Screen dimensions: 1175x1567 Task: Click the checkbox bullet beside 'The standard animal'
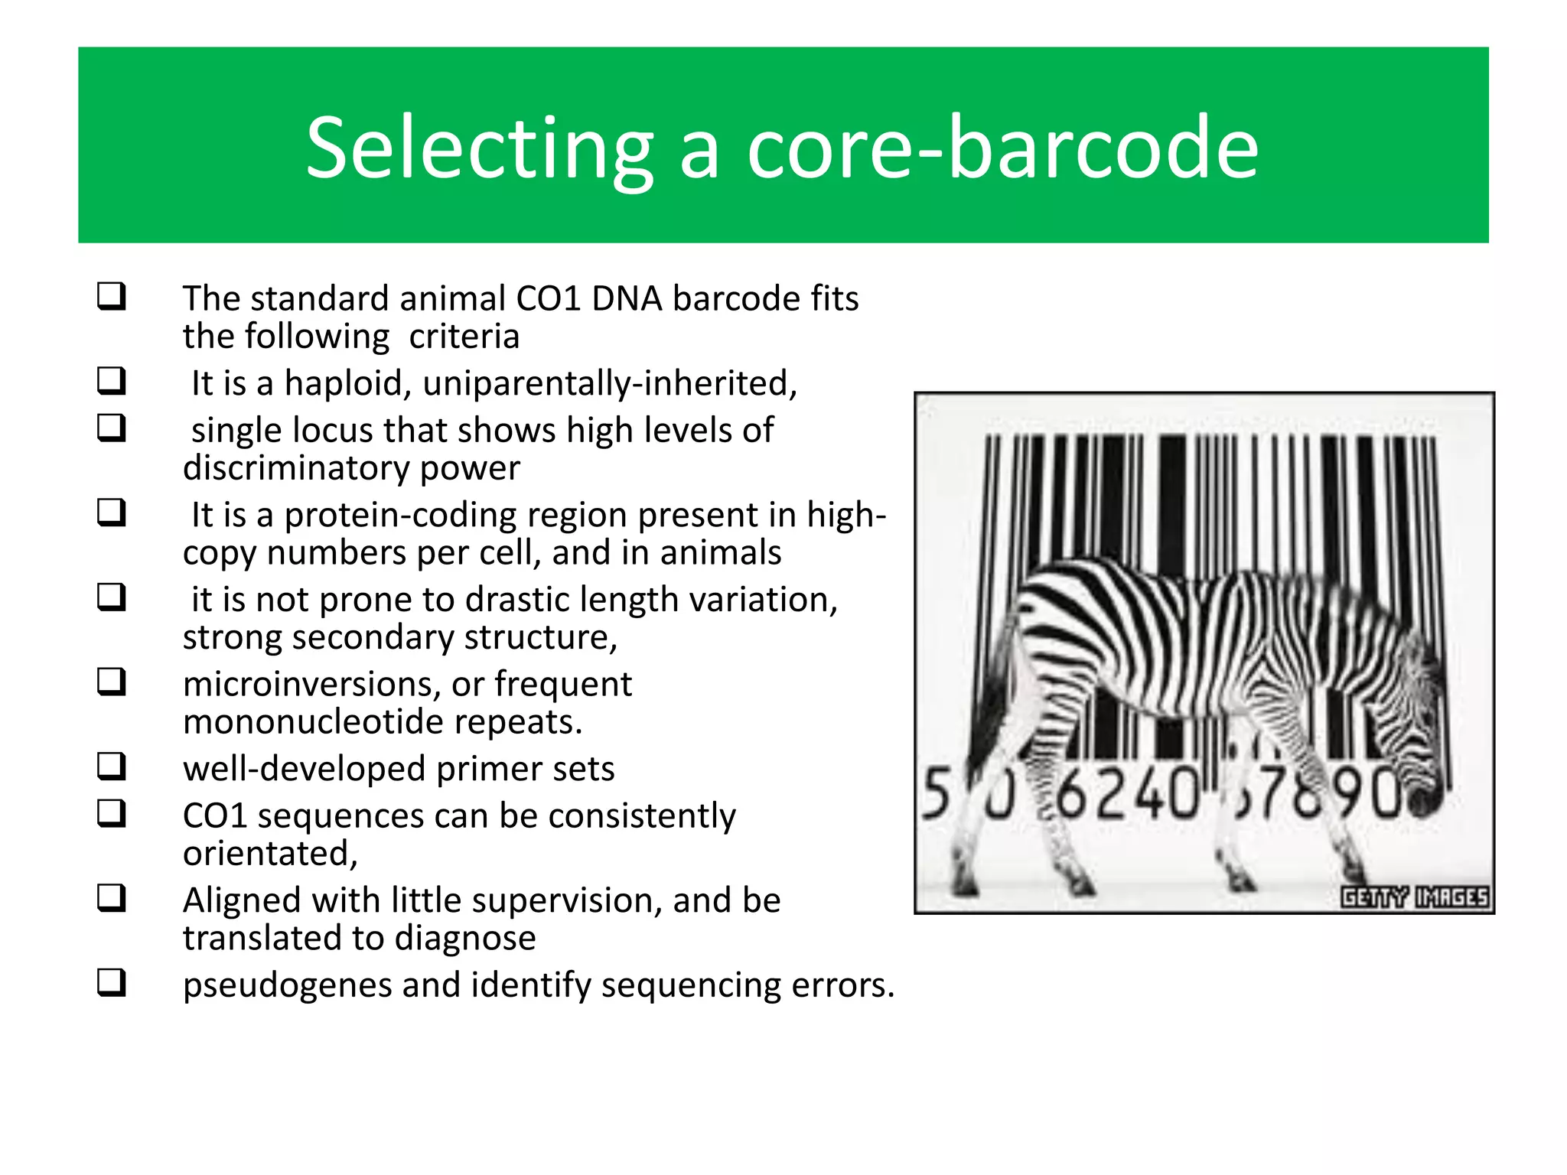(x=111, y=296)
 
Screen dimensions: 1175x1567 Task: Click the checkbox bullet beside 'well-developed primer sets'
(x=111, y=766)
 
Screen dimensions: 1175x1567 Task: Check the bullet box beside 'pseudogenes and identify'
(x=111, y=981)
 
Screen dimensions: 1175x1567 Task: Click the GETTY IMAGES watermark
(x=1414, y=897)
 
